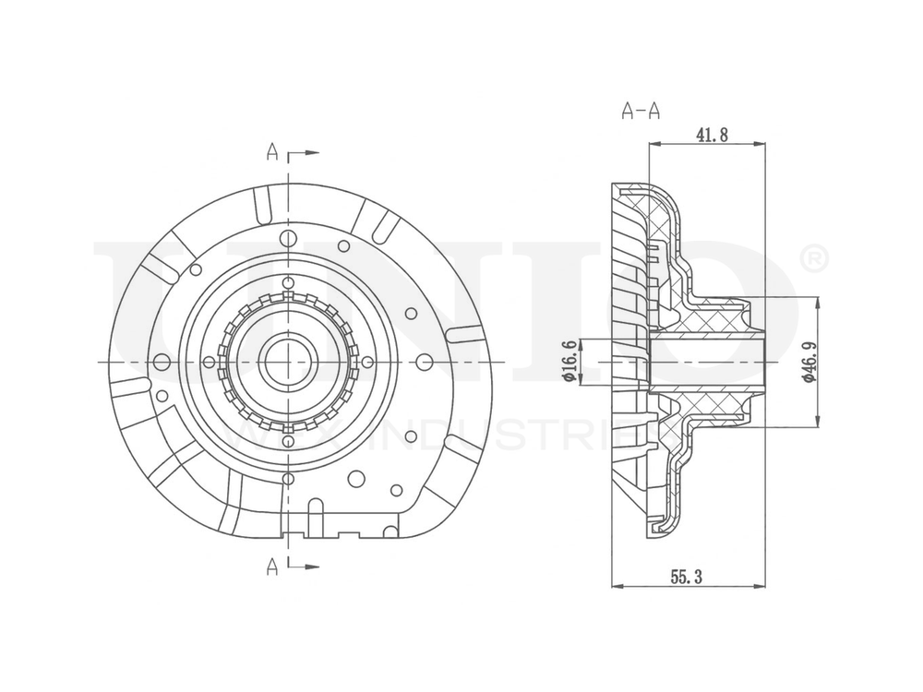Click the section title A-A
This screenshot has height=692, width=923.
(641, 112)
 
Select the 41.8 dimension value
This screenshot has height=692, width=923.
(712, 136)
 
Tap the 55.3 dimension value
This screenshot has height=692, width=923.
(687, 577)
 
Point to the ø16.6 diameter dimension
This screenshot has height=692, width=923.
(569, 361)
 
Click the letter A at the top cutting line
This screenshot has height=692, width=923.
(272, 152)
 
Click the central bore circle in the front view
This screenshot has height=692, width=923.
(288, 362)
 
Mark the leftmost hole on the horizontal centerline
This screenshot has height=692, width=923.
(162, 362)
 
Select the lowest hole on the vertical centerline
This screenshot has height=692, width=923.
(289, 478)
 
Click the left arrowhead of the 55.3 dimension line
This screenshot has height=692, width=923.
(617, 586)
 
